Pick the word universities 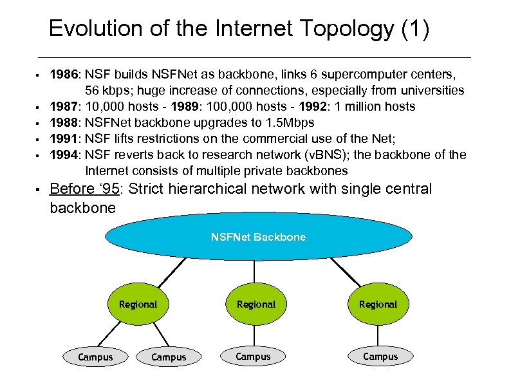coord(431,91)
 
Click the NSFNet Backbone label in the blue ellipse coord(258,237)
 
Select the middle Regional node coord(256,304)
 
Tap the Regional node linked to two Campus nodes coord(138,304)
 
